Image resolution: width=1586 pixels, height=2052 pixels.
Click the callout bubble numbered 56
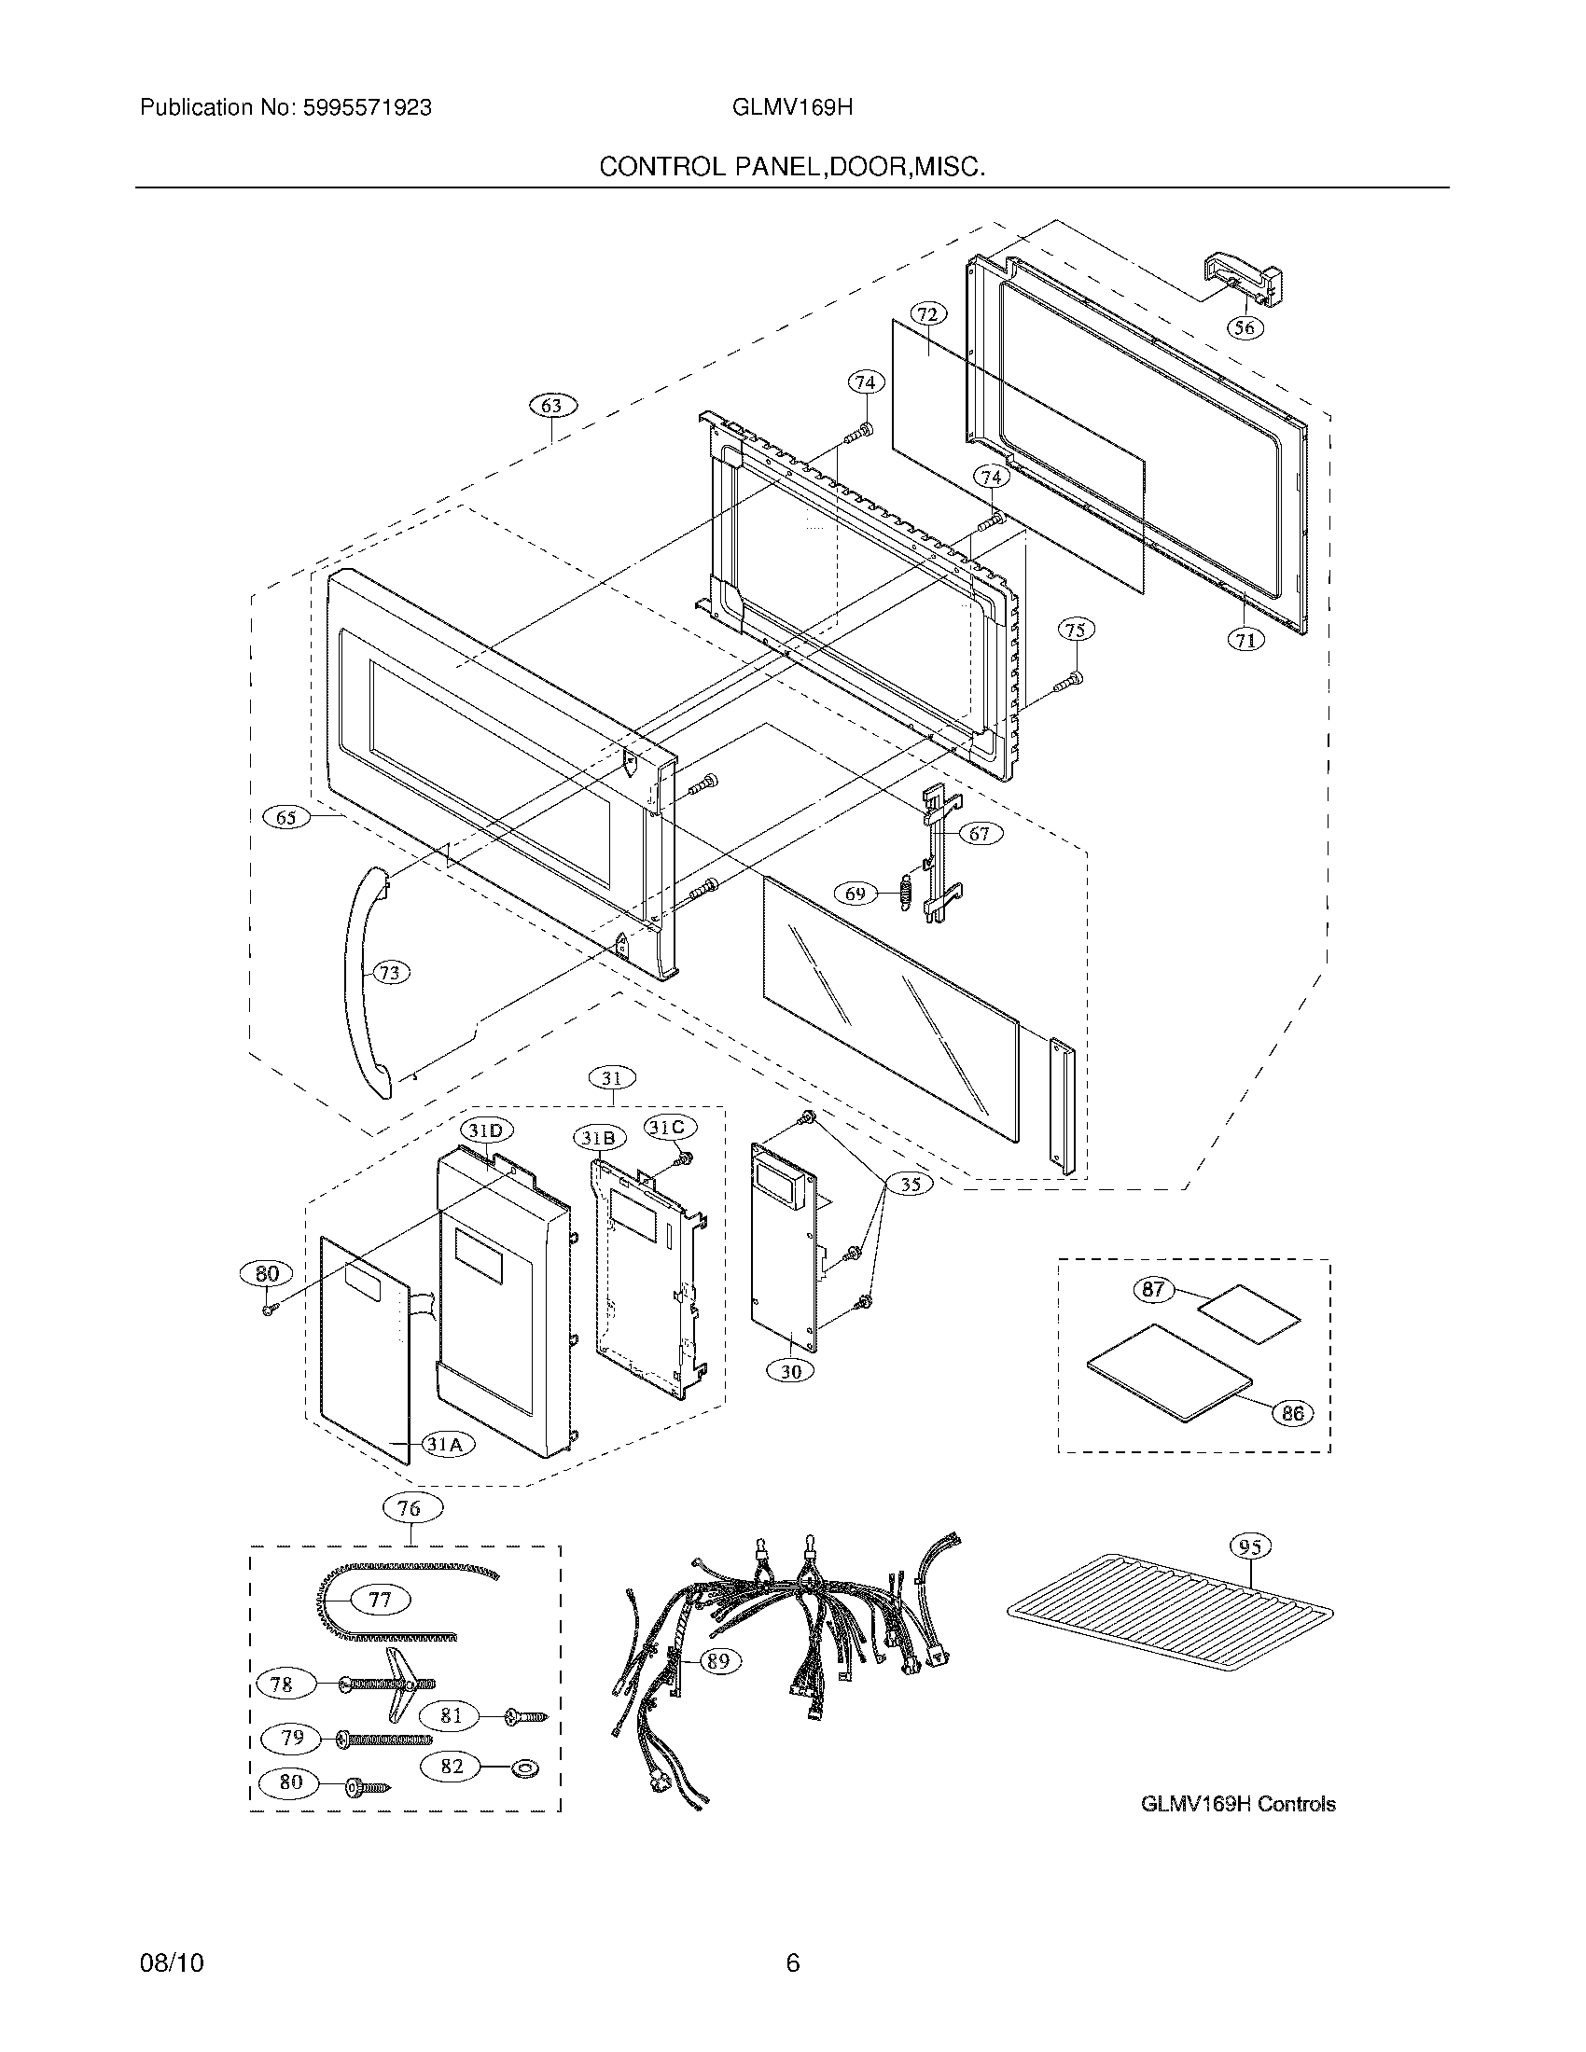coord(1245,327)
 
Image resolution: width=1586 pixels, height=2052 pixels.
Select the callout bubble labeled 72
coord(928,312)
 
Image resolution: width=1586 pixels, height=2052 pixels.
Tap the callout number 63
coord(551,406)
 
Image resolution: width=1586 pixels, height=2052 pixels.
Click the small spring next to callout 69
coord(907,892)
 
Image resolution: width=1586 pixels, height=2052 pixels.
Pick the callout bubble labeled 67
coord(979,833)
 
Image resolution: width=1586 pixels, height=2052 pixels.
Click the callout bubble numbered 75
coord(1076,629)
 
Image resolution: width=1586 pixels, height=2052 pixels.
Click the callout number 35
coord(911,1184)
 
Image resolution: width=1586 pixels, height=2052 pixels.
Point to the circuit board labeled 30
coord(785,1250)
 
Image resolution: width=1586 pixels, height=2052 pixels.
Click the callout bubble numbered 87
coord(1153,1289)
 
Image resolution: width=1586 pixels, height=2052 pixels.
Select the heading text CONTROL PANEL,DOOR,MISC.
coord(792,167)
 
